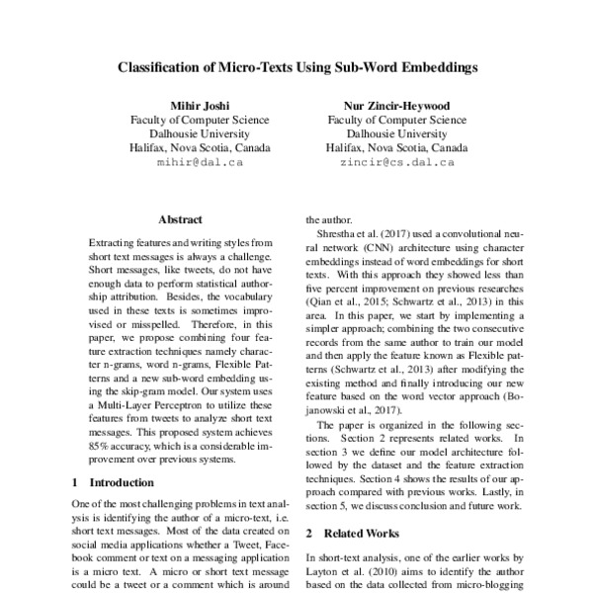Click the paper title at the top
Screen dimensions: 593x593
296,69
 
